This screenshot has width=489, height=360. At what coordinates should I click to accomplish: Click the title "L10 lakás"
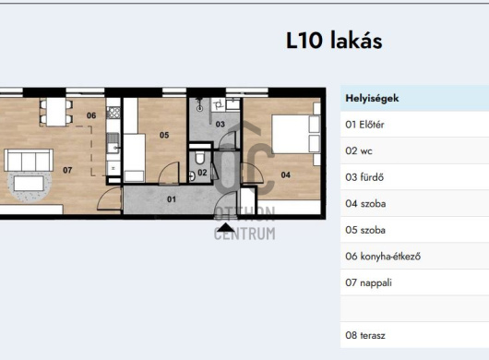click(x=334, y=41)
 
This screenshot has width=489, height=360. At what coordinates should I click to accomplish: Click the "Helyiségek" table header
click(x=372, y=98)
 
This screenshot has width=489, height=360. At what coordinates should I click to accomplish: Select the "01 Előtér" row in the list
click(x=364, y=125)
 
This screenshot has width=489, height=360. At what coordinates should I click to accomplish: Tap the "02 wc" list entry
click(x=359, y=151)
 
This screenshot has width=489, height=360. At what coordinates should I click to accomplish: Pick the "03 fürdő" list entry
click(x=364, y=177)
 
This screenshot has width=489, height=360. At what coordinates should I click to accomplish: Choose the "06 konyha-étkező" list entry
click(x=383, y=257)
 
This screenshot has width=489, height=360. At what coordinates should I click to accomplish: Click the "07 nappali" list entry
click(x=368, y=283)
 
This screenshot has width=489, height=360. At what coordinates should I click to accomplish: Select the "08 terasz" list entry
click(x=365, y=336)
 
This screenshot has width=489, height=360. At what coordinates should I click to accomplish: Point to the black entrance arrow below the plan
click(x=226, y=228)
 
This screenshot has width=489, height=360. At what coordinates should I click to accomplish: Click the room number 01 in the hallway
click(x=172, y=199)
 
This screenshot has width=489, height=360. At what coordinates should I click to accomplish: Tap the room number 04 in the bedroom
click(x=286, y=175)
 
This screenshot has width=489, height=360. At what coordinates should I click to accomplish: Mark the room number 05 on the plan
click(x=164, y=135)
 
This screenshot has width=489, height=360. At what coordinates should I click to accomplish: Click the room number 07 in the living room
click(x=67, y=170)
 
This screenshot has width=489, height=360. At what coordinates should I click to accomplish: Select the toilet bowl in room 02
click(x=199, y=158)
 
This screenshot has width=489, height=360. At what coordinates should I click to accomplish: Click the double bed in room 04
click(x=295, y=134)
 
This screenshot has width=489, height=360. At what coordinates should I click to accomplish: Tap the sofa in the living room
click(x=29, y=160)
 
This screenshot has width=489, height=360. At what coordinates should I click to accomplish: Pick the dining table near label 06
click(x=56, y=112)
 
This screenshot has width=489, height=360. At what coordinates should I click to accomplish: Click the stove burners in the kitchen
click(x=113, y=113)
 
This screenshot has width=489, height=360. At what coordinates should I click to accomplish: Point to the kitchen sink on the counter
click(x=113, y=142)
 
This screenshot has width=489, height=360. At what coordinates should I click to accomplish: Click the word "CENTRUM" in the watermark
click(x=244, y=234)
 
